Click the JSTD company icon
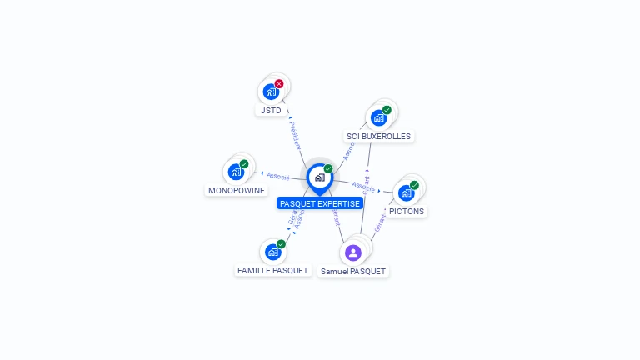pyautogui.click(x=270, y=92)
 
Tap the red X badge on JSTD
pyautogui.click(x=279, y=83)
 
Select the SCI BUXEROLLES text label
pyautogui.click(x=379, y=136)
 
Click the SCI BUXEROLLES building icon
pyautogui.click(x=379, y=117)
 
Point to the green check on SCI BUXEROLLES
pyautogui.click(x=387, y=109)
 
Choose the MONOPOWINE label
pyautogui.click(x=237, y=190)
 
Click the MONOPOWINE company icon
pyautogui.click(x=236, y=172)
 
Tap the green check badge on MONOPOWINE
pyautogui.click(x=244, y=164)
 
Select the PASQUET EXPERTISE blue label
pyautogui.click(x=320, y=203)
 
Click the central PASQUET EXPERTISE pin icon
pyautogui.click(x=319, y=177)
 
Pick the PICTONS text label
pyautogui.click(x=407, y=211)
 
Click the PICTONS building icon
pyautogui.click(x=406, y=192)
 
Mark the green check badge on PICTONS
pyautogui.click(x=414, y=185)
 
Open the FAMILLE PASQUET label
pyautogui.click(x=272, y=270)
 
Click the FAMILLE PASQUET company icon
pyautogui.click(x=272, y=251)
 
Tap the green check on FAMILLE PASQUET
pyautogui.click(x=281, y=243)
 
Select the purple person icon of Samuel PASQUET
pyautogui.click(x=352, y=252)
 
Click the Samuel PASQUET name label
pyautogui.click(x=353, y=271)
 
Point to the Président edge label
pyautogui.click(x=294, y=135)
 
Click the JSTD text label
pyautogui.click(x=271, y=110)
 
